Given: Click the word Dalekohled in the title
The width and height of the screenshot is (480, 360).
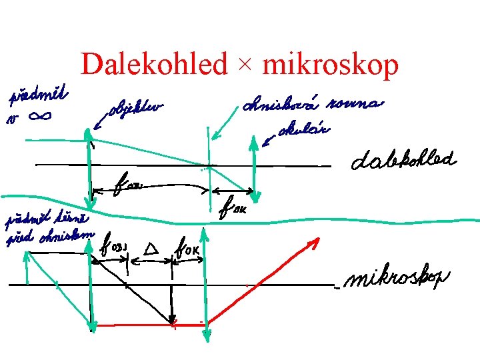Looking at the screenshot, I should [x=154, y=65].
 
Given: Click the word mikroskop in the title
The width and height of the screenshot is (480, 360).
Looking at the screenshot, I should [x=331, y=65].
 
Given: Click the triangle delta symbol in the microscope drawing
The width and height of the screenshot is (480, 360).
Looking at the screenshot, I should [x=151, y=250].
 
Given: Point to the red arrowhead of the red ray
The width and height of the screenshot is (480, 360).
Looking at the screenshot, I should [x=311, y=244].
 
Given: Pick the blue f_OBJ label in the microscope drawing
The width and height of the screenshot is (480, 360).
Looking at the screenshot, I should [x=115, y=251].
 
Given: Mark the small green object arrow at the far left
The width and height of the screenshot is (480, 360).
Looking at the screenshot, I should [x=27, y=269].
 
